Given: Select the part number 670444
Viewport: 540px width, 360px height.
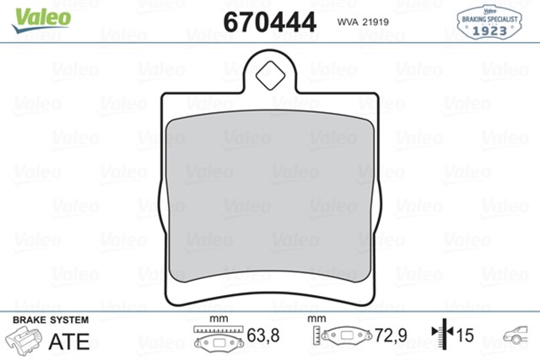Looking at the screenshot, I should tap(270, 20).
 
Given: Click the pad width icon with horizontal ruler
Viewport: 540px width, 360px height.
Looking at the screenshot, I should tap(218, 339).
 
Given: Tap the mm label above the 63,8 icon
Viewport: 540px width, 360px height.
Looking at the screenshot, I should tap(219, 319).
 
